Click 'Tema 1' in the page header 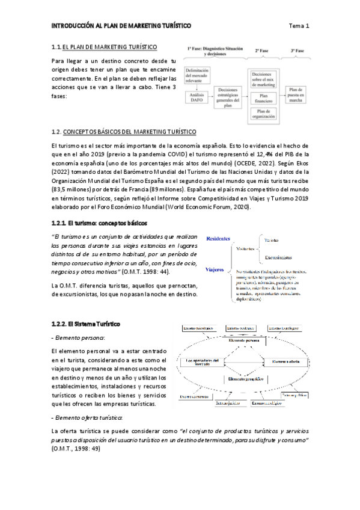pyautogui.click(x=299, y=26)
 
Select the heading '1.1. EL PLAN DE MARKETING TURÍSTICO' pyautogui.click(x=105, y=46)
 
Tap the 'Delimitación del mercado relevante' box pyautogui.click(x=197, y=77)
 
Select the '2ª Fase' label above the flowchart pyautogui.click(x=263, y=51)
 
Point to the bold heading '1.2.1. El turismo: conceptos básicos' pyautogui.click(x=99, y=223)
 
